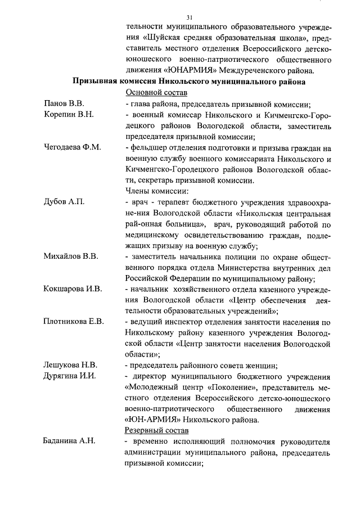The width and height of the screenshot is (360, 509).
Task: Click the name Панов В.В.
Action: tap(64, 103)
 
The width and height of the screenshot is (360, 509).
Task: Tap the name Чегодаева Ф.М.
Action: tap(73, 147)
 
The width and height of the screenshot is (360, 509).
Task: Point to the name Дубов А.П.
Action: tap(64, 202)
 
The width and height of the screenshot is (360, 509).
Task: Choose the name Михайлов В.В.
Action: tap(71, 256)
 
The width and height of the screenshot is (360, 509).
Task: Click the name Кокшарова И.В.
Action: tap(73, 289)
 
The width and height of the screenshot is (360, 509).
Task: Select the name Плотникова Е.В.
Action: tap(74, 322)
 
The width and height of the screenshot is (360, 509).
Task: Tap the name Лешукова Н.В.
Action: tap(71, 366)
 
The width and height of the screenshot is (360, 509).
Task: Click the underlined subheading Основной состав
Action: tap(156, 93)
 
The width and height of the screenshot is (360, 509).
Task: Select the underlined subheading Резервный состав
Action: tap(157, 431)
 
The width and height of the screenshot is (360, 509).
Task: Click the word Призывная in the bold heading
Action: tap(97, 82)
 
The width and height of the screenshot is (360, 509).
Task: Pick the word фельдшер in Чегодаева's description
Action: tap(148, 147)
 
